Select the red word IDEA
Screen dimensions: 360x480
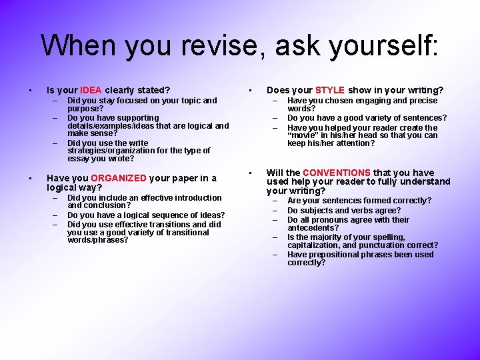pos(91,90)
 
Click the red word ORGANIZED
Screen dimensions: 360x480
pos(118,178)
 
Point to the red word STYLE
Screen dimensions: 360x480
pos(330,90)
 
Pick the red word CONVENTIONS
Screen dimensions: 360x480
pos(337,173)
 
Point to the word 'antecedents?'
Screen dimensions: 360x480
pos(313,228)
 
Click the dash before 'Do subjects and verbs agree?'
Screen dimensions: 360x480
pos(275,211)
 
